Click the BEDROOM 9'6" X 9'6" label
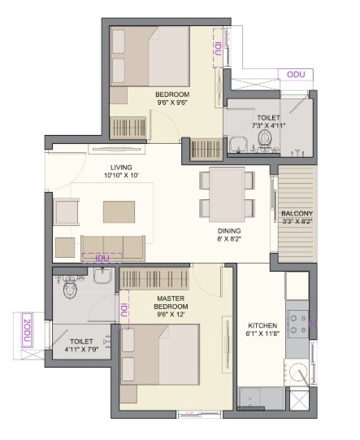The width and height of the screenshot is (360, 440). pyautogui.click(x=172, y=98)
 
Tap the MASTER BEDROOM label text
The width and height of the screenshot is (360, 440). pyautogui.click(x=171, y=303)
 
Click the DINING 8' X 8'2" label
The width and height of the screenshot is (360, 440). pyautogui.click(x=229, y=235)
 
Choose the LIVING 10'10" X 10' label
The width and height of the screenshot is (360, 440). pyautogui.click(x=121, y=172)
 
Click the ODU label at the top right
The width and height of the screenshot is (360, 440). pyautogui.click(x=296, y=75)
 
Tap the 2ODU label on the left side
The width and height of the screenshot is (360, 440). pyautogui.click(x=27, y=330)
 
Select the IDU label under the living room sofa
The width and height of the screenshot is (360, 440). pyautogui.click(x=102, y=258)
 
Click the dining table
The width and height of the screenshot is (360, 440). pyautogui.click(x=227, y=194)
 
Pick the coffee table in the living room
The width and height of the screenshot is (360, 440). pyautogui.click(x=119, y=211)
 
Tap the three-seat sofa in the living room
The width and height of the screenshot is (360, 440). pyautogui.click(x=113, y=248)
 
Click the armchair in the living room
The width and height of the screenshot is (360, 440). pyautogui.click(x=66, y=211)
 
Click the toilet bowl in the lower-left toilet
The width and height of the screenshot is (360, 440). pyautogui.click(x=70, y=287)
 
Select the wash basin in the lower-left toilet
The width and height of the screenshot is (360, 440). pyautogui.click(x=102, y=275)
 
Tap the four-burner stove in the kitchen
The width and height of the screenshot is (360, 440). pyautogui.click(x=297, y=324)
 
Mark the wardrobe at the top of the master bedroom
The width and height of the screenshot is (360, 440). pyautogui.click(x=154, y=279)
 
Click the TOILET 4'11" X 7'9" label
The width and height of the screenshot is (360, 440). pyautogui.click(x=81, y=345)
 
